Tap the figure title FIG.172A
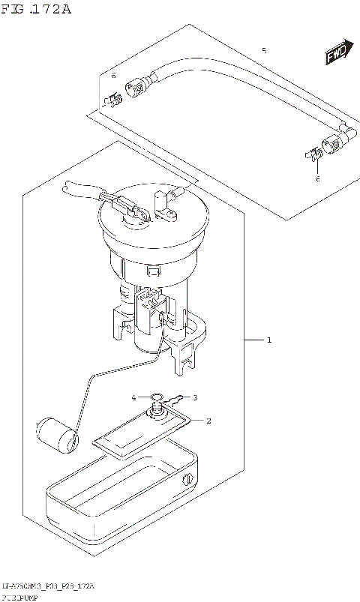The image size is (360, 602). coord(36,9)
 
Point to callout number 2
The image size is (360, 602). coord(208,421)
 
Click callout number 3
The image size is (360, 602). coord(195,397)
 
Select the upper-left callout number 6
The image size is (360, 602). coord(113,76)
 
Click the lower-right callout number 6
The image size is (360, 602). coord(317,179)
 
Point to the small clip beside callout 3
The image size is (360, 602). coord(176,398)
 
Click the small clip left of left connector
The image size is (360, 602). coord(113,98)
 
